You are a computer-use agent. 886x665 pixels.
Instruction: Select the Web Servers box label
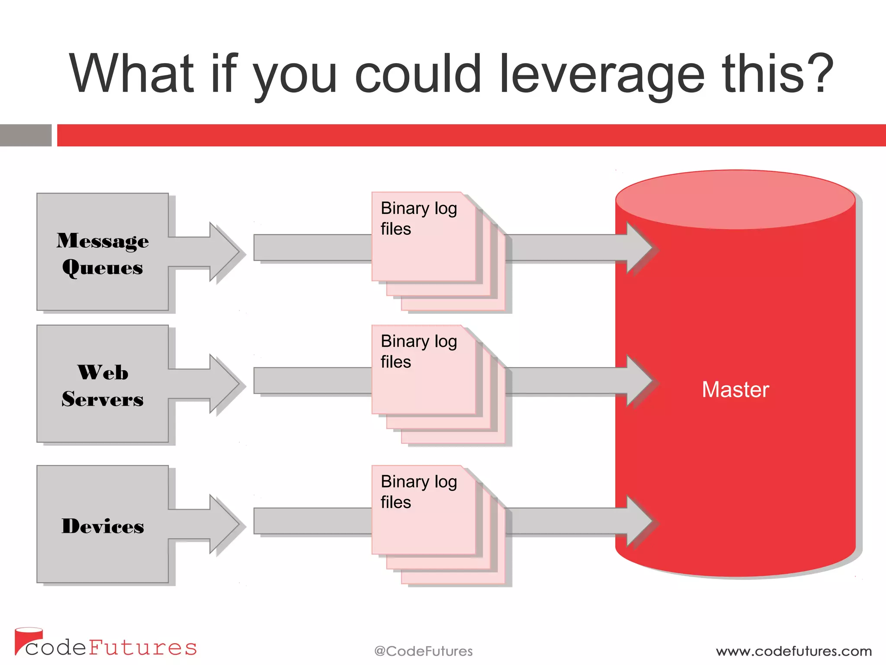tap(103, 385)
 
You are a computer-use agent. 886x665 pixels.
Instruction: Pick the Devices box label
tap(103, 526)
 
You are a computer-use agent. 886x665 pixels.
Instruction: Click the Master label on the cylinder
tap(735, 389)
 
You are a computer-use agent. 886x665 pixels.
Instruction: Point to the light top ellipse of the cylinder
tap(735, 199)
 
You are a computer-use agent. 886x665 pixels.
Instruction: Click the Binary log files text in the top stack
tap(418, 218)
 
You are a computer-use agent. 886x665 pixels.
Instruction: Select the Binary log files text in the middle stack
tap(418, 351)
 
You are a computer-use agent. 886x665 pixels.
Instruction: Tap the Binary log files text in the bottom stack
tap(418, 491)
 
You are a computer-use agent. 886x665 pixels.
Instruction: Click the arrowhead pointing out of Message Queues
tap(223, 251)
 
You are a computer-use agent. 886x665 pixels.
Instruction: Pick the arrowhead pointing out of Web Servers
tap(223, 383)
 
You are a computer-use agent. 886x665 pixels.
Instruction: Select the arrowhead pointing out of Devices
tap(223, 523)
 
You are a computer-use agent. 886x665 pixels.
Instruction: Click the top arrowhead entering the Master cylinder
tap(639, 248)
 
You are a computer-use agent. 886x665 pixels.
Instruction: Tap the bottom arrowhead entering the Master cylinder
tap(639, 521)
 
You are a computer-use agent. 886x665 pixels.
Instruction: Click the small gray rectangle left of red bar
tap(26, 135)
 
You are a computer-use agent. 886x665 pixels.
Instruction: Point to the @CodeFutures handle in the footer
tap(423, 651)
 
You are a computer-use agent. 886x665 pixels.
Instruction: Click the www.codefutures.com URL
tap(793, 651)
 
